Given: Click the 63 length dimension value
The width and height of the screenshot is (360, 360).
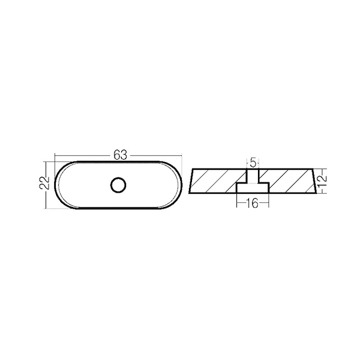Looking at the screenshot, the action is pyautogui.click(x=120, y=155).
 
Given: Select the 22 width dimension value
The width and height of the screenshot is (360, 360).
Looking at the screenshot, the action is pyautogui.click(x=44, y=183).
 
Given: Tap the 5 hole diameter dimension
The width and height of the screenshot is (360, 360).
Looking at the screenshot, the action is pyautogui.click(x=253, y=163).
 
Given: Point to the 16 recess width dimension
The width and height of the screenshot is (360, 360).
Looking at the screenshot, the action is pyautogui.click(x=253, y=203).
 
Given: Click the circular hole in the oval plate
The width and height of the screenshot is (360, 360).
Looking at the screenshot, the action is pyautogui.click(x=118, y=185).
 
